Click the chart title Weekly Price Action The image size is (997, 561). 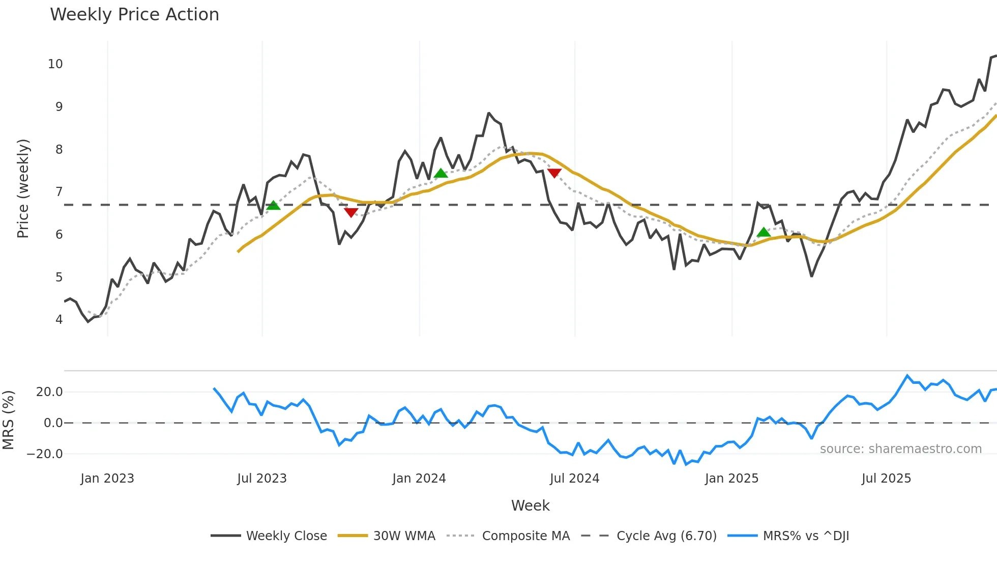point(134,15)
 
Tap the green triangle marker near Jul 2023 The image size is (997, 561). point(273,206)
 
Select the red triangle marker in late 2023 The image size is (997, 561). point(351,212)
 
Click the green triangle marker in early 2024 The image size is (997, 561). point(441,174)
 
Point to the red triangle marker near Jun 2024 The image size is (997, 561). point(554,173)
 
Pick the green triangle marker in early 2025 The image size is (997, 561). point(764,233)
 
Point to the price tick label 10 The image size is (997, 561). point(55,64)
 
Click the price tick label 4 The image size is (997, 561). point(59,320)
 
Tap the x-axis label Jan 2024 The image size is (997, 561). point(419,479)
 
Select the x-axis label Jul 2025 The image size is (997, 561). point(886,479)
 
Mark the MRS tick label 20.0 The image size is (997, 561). point(49,392)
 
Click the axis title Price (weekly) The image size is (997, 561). point(23,188)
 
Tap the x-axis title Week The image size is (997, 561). point(530,506)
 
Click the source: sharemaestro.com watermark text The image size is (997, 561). point(900,449)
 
